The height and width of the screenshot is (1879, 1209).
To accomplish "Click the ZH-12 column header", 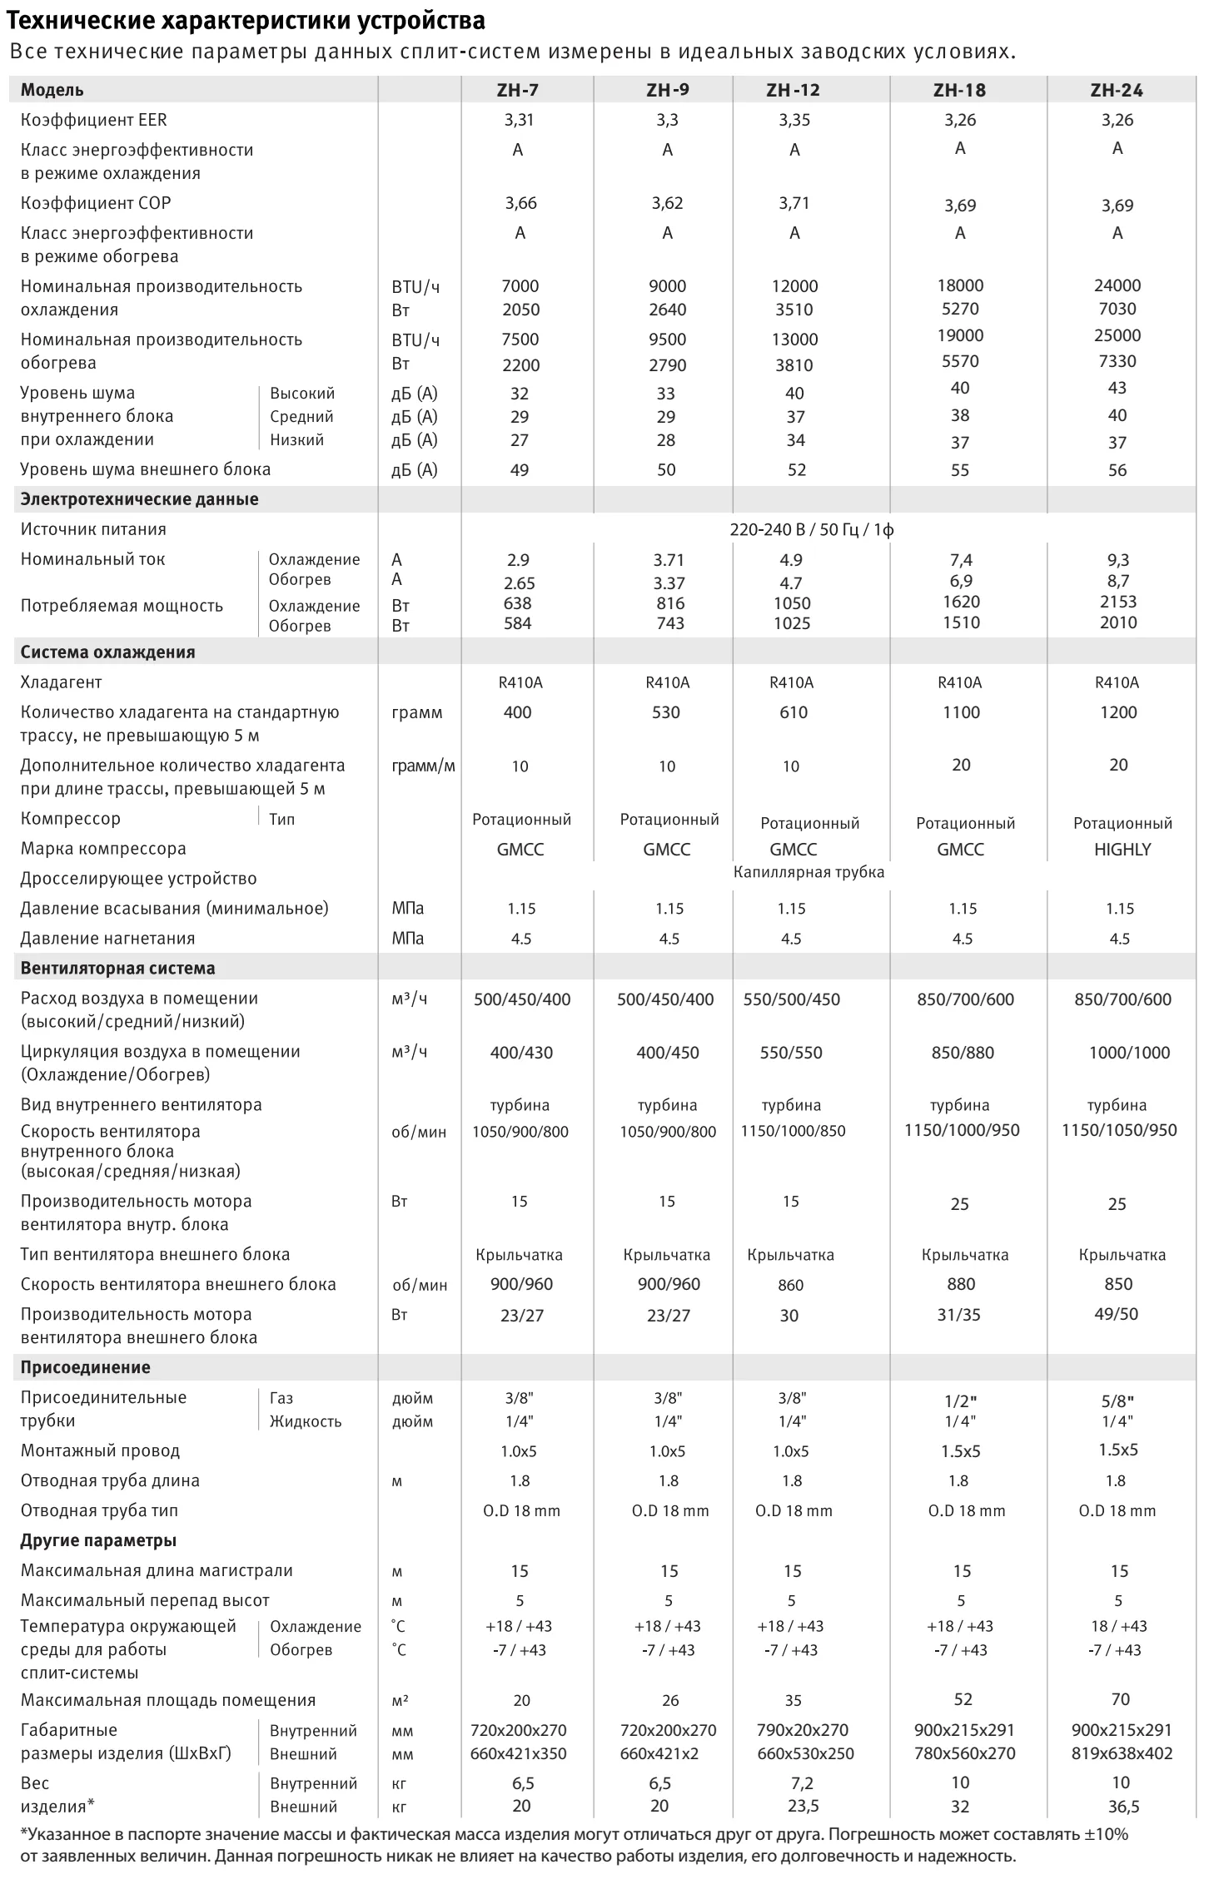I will [x=793, y=90].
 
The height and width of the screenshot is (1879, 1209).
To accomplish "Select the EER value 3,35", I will [x=794, y=120].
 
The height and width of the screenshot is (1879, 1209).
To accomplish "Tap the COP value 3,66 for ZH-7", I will [x=520, y=203].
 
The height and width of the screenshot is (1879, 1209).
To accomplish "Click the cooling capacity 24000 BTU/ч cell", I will [x=1117, y=285].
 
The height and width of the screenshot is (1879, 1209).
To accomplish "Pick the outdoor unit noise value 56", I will [x=1117, y=470].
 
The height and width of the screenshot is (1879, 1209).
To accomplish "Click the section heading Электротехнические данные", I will [x=139, y=499].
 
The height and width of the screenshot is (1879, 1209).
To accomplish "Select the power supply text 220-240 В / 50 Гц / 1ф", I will [x=812, y=530].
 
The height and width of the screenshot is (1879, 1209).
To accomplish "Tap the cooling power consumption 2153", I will [x=1117, y=602].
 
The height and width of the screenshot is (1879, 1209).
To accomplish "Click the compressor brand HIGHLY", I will [x=1122, y=850].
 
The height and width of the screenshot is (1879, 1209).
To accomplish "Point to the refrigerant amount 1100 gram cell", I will [x=961, y=712].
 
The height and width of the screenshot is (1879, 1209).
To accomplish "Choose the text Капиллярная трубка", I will [x=808, y=872].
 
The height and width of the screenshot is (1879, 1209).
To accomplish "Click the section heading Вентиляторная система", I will [x=117, y=969].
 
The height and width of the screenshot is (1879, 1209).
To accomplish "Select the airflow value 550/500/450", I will [x=791, y=999].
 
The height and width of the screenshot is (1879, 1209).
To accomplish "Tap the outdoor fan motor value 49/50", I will [x=1117, y=1314].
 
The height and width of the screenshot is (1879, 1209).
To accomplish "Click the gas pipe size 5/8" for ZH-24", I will [x=1117, y=1401].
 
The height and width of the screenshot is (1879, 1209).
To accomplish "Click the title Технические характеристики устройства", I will [x=246, y=20].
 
